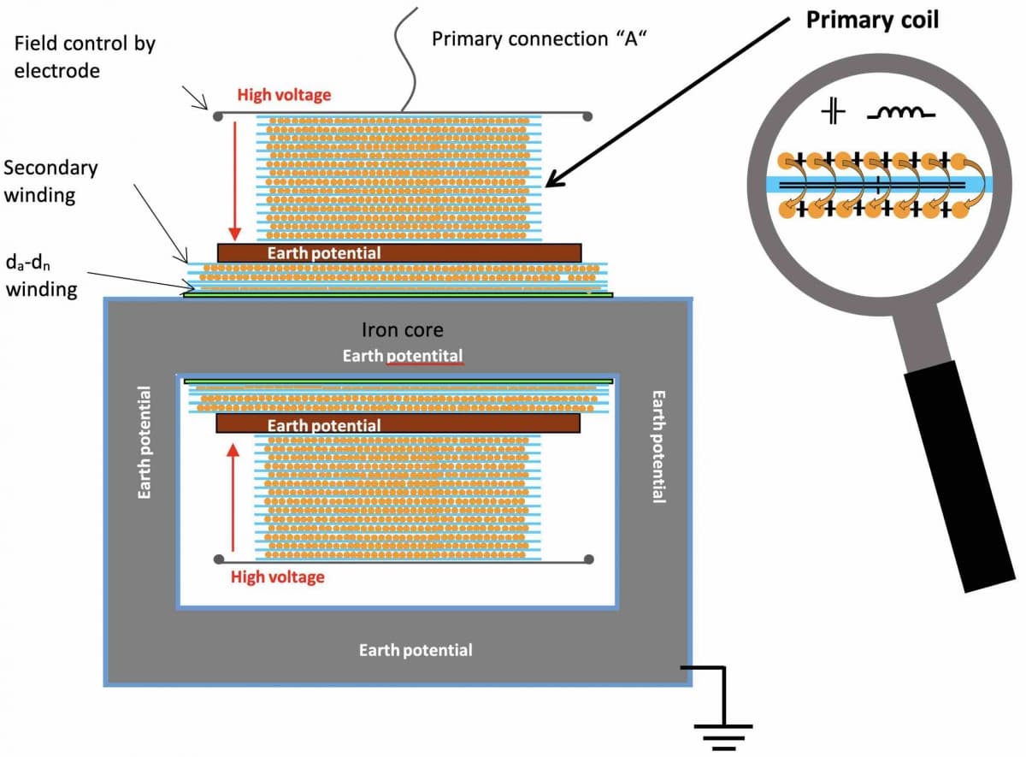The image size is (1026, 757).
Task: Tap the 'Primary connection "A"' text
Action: coord(539,39)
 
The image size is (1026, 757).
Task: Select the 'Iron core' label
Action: coord(402,330)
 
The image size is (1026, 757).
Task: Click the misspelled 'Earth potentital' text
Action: coord(403,356)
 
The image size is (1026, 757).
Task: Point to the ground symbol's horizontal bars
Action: coord(723,737)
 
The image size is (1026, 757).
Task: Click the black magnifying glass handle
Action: coord(958,476)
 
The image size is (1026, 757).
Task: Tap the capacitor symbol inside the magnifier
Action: coord(833,112)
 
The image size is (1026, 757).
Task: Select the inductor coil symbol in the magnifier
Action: coord(901,113)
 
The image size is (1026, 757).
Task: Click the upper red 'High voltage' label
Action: coord(284,95)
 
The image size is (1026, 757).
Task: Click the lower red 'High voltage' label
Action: coord(278,577)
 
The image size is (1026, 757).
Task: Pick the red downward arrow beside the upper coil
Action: coord(235,181)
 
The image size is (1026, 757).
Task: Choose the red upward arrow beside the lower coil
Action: coord(233,497)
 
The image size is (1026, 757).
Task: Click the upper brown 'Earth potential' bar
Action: coord(399,253)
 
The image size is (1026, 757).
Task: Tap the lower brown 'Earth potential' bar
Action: coord(398,424)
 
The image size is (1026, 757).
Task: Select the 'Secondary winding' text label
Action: coord(50,181)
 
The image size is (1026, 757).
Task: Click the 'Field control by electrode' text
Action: coord(85,57)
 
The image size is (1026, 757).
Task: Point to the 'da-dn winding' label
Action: coord(41,276)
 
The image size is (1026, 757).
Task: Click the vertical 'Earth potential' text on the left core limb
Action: coord(144,443)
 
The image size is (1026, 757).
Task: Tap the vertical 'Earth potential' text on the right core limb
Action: coord(658,447)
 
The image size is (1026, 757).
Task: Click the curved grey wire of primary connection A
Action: coord(408,60)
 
